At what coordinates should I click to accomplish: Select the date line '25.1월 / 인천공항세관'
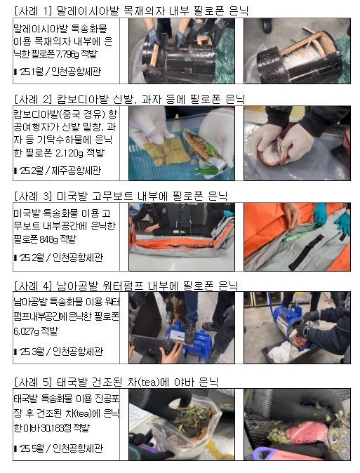pyautogui.click(x=58, y=72)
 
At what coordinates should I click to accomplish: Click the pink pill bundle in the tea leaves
pyautogui.click(x=305, y=432)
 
